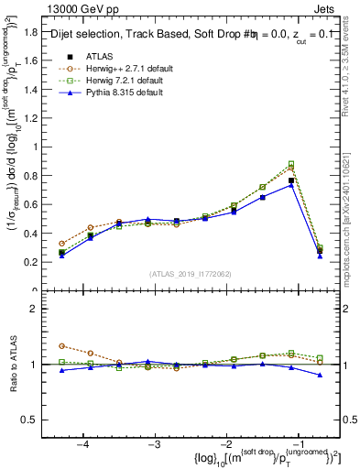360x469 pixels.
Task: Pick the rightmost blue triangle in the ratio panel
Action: coord(320,375)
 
